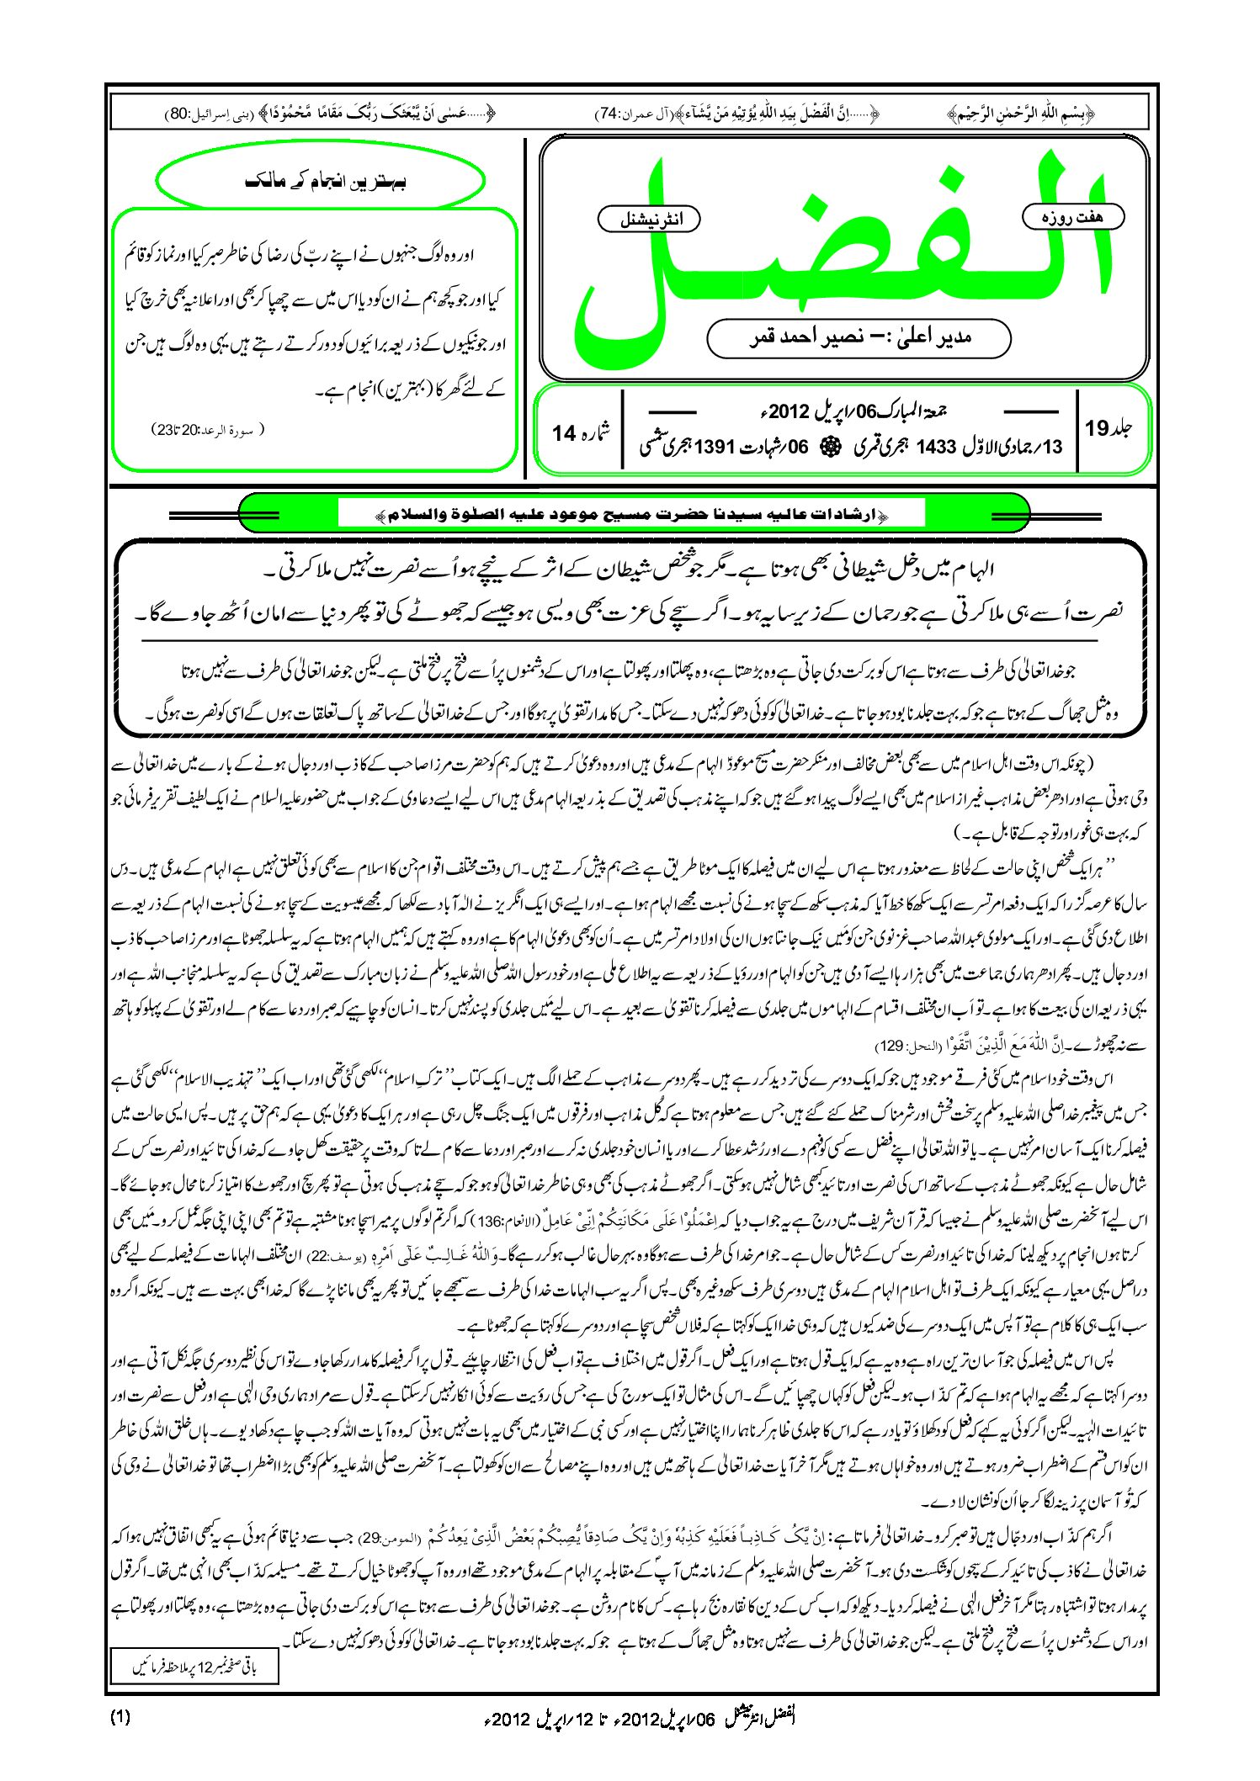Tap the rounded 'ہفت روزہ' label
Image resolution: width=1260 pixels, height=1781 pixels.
coord(1072,216)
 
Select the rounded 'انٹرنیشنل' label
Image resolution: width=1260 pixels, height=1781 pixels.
coord(649,220)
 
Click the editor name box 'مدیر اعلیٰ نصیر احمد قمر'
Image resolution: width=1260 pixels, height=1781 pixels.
coord(859,338)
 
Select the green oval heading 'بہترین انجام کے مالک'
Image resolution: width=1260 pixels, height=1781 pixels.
coord(321,181)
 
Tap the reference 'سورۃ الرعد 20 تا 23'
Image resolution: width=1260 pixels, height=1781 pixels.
coord(208,430)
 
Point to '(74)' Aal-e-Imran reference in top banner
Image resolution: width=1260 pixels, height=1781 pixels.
coord(608,114)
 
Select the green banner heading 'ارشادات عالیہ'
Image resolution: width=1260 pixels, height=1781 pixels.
coord(631,513)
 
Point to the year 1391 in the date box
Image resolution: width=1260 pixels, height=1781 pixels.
coord(715,447)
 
